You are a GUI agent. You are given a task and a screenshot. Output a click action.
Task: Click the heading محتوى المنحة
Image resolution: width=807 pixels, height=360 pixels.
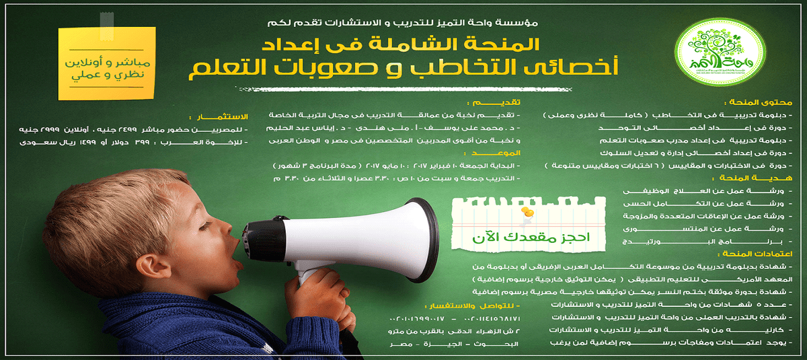pyautogui.click(x=766, y=103)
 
